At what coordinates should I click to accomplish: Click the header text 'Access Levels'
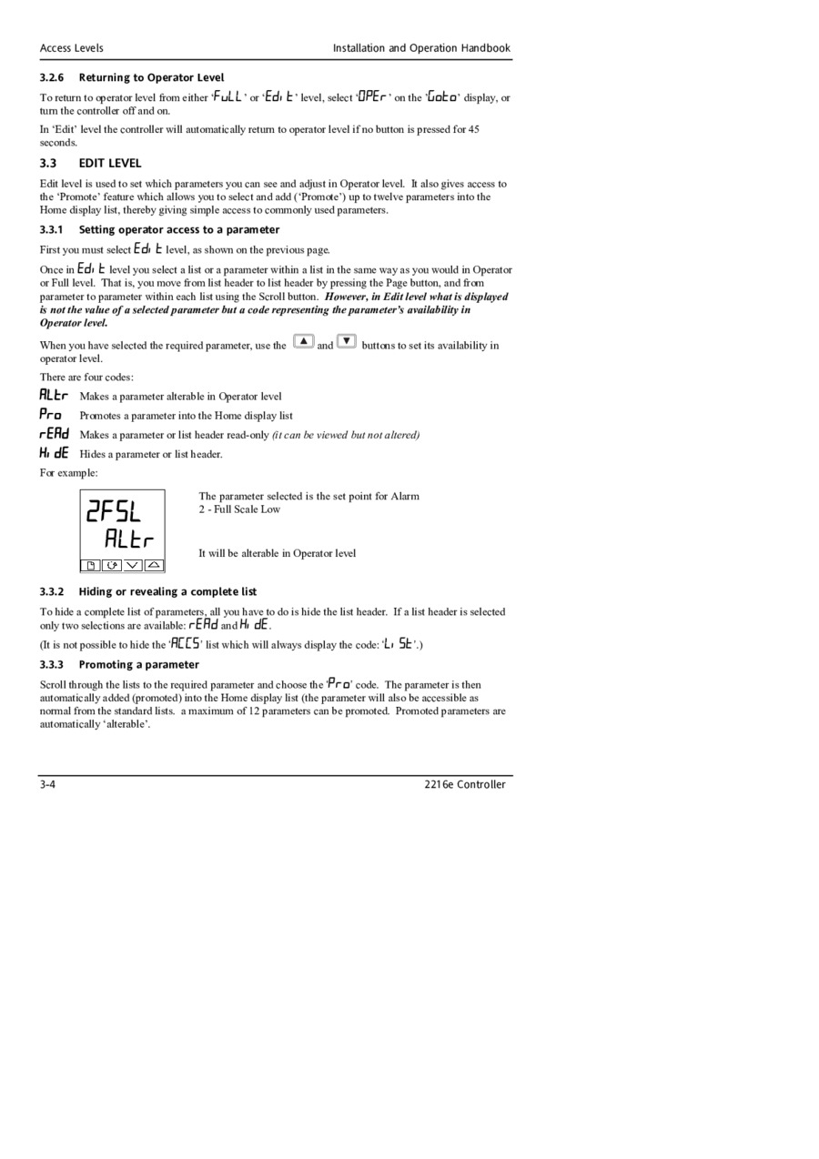(x=71, y=48)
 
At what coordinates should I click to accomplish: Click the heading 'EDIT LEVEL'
(x=109, y=164)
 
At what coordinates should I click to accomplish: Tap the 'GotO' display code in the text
(x=443, y=96)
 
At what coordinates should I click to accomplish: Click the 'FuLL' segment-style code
(x=227, y=96)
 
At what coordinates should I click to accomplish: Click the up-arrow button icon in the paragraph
(x=304, y=342)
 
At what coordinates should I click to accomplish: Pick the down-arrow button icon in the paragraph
(x=347, y=342)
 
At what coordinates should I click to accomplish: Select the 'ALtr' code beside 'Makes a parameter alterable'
(x=54, y=395)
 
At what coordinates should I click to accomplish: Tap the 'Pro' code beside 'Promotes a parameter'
(x=51, y=415)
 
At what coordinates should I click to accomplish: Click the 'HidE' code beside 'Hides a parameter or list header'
(x=54, y=453)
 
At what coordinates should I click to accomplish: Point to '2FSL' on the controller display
(x=114, y=512)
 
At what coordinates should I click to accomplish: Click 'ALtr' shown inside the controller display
(x=128, y=539)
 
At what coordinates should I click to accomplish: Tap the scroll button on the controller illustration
(x=112, y=565)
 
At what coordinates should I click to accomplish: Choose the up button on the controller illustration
(x=154, y=565)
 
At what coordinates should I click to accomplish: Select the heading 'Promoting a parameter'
(x=138, y=664)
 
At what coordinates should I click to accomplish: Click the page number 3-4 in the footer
(x=47, y=784)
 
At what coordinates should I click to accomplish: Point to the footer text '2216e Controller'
(x=464, y=784)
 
